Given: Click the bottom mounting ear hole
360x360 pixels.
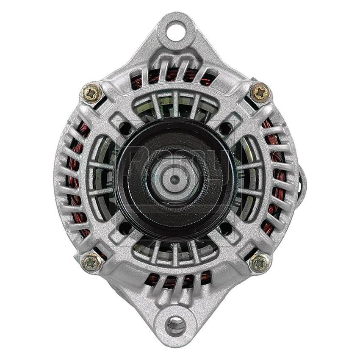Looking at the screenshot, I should [x=176, y=326].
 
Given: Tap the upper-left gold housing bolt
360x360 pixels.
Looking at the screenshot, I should [x=91, y=91].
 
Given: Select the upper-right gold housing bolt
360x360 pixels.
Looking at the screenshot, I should [x=260, y=92].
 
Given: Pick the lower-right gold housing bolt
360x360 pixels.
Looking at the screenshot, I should [x=259, y=263].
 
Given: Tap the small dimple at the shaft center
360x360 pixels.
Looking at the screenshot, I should [x=174, y=178].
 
